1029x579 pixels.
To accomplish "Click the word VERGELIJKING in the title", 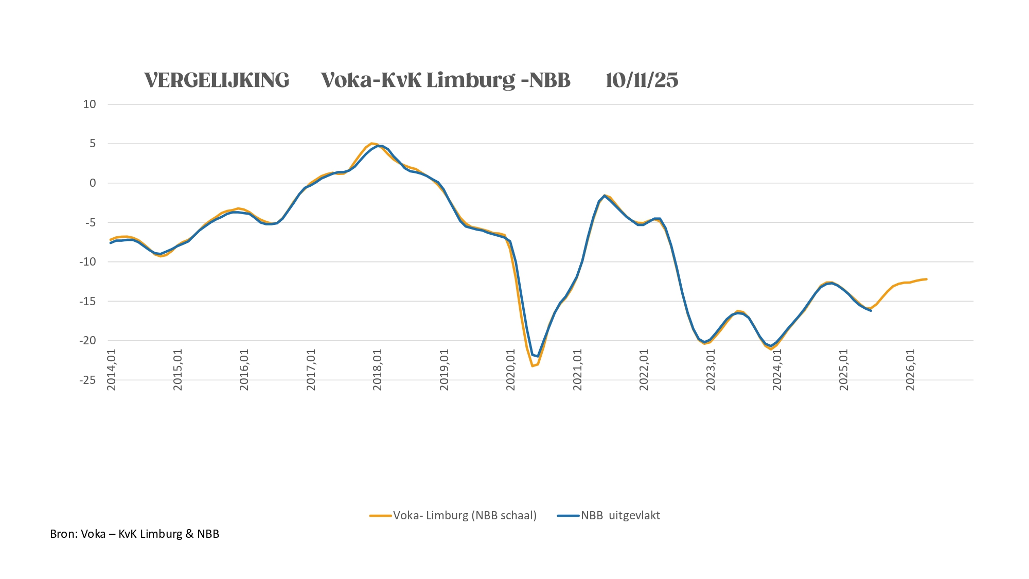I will pyautogui.click(x=217, y=80).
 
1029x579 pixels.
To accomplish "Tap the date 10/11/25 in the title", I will pyautogui.click(x=642, y=80).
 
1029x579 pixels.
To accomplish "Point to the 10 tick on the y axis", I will pyautogui.click(x=90, y=104).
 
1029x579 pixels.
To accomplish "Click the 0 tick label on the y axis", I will pyautogui.click(x=93, y=183).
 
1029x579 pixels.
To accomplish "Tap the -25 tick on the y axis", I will pyautogui.click(x=87, y=380).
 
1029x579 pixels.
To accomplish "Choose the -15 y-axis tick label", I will pyautogui.click(x=87, y=301).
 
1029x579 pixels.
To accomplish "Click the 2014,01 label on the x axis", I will pyautogui.click(x=112, y=370).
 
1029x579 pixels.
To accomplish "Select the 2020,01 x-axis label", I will pyautogui.click(x=511, y=370).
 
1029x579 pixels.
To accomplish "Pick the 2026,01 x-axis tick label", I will pyautogui.click(x=911, y=370).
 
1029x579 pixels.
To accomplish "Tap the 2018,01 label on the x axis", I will pyautogui.click(x=378, y=370).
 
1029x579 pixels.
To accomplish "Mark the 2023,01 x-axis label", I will pyautogui.click(x=711, y=370).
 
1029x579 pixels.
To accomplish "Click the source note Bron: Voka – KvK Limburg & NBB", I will pyautogui.click(x=135, y=534).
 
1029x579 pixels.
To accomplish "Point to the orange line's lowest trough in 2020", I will pyautogui.click(x=533, y=366).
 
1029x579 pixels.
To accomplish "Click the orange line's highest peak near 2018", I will pyautogui.click(x=371, y=144).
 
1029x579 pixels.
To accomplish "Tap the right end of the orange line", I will pyautogui.click(x=926, y=279).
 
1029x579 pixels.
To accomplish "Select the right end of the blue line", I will pyautogui.click(x=871, y=310).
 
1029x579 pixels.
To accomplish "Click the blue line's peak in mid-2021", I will pyautogui.click(x=605, y=196).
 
